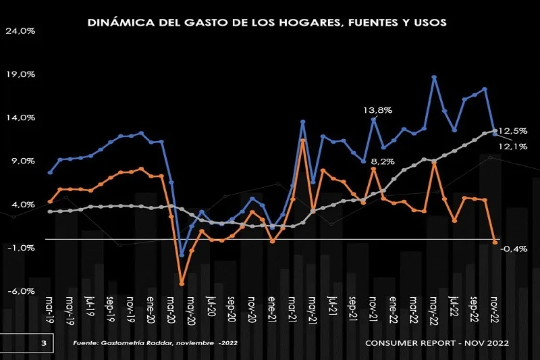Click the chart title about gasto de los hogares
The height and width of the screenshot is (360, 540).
(267, 22)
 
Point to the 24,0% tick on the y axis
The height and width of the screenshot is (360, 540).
(22, 31)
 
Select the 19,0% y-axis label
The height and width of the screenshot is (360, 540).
(22, 74)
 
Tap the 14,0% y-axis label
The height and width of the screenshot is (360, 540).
(22, 118)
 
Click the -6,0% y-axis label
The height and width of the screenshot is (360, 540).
(21, 291)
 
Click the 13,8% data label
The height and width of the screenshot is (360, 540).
(378, 109)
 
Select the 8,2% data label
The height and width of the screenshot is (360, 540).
(383, 161)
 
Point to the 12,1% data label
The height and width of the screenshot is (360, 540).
(513, 146)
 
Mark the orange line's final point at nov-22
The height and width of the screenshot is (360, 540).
(495, 242)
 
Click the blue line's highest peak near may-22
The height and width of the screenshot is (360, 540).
(435, 77)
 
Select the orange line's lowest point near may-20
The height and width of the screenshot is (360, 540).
(182, 284)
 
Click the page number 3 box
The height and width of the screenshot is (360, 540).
(43, 344)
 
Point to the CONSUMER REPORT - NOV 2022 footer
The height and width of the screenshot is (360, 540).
(437, 344)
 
